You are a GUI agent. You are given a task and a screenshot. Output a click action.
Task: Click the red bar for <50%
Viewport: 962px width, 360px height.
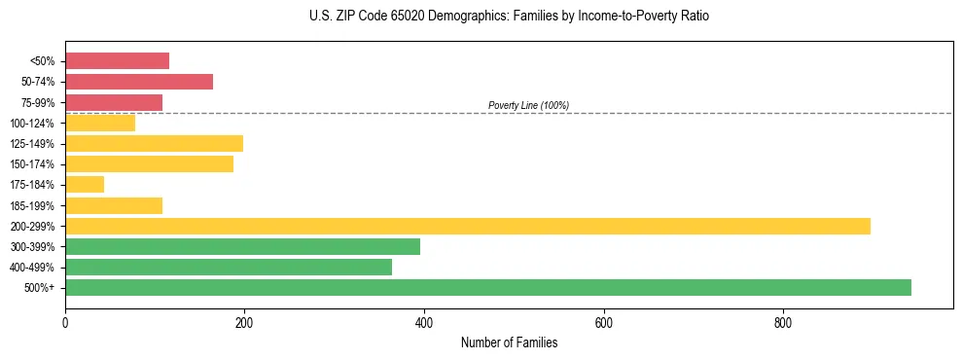click(x=117, y=60)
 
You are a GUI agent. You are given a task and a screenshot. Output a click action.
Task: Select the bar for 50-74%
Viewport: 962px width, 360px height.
click(x=139, y=82)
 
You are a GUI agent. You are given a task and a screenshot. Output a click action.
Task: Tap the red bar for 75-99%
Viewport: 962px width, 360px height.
click(x=114, y=102)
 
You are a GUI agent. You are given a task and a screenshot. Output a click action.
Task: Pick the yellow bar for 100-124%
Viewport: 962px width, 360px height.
click(x=100, y=123)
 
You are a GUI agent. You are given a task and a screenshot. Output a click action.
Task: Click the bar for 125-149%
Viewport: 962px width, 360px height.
click(x=154, y=144)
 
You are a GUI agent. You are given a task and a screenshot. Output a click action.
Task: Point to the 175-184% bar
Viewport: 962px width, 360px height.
click(x=85, y=185)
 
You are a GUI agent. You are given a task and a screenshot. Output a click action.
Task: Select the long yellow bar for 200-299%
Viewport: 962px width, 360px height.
click(x=468, y=226)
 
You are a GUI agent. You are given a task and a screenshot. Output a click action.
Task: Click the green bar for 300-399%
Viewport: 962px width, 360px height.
click(x=242, y=246)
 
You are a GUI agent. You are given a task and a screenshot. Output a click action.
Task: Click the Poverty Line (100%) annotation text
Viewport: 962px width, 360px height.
click(x=528, y=105)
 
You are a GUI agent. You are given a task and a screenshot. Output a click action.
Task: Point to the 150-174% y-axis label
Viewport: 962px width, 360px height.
click(x=32, y=164)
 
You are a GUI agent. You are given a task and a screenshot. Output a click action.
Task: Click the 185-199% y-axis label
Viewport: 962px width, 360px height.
click(x=32, y=205)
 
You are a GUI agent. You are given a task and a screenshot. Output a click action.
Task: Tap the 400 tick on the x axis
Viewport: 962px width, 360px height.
click(x=424, y=322)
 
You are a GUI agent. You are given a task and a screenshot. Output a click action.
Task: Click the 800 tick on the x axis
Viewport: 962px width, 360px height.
click(x=783, y=322)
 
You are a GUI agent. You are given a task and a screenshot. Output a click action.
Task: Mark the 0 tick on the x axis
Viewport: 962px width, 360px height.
click(x=65, y=322)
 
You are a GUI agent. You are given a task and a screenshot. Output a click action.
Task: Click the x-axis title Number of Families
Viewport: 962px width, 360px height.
click(x=509, y=342)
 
